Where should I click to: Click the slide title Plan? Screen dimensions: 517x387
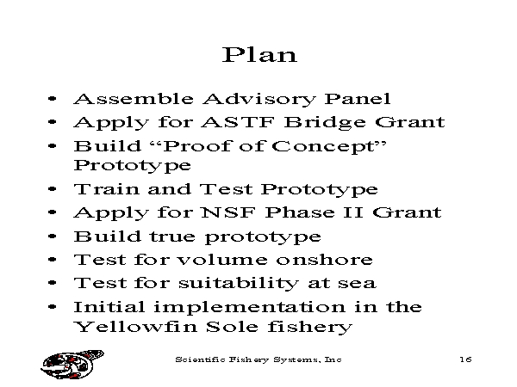coord(259,55)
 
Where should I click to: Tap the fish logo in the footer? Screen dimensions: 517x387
coord(72,365)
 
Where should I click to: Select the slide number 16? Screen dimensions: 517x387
coord(465,359)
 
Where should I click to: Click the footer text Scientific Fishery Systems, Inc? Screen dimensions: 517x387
coord(258,359)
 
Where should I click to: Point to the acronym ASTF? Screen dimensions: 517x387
coord(238,122)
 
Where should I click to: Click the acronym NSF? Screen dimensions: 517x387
coord(228,212)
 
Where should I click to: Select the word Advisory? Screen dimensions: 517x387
coord(259,100)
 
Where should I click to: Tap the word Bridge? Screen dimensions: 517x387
coord(325,123)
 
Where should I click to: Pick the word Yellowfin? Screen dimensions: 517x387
coord(135,327)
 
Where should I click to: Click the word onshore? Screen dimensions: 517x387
coord(325,260)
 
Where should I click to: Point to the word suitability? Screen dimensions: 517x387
coord(239,283)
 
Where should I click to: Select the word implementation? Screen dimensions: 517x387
coord(250,308)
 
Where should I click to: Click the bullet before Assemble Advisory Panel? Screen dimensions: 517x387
coord(52,98)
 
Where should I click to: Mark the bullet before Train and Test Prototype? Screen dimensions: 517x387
coord(52,189)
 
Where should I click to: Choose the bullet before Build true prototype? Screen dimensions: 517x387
coord(52,236)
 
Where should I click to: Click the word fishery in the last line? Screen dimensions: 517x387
coord(310,327)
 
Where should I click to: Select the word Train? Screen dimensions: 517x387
coord(107,189)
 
